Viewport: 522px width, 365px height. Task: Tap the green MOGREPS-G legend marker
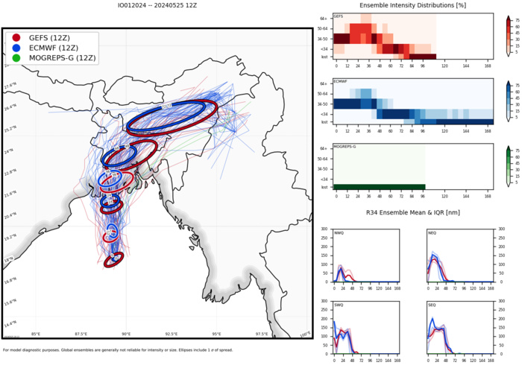tap(16, 57)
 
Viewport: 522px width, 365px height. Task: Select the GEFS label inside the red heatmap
tap(339, 15)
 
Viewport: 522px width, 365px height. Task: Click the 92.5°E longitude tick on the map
tap(173, 333)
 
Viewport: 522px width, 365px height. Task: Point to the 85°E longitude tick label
tap(35, 333)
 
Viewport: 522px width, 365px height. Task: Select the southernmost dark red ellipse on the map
tap(113, 260)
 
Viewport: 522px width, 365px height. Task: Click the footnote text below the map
tap(112, 349)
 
